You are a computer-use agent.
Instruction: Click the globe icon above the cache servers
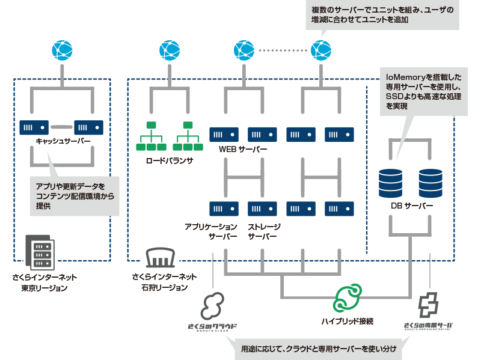[x=63, y=50]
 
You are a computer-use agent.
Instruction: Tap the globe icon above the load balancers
[x=170, y=50]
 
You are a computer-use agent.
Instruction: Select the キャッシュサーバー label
[x=63, y=141]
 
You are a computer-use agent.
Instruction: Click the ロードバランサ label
[x=170, y=160]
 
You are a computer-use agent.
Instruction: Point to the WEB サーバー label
[x=243, y=149]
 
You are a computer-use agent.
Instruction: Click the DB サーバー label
[x=412, y=206]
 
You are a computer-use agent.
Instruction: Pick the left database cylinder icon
[x=390, y=183]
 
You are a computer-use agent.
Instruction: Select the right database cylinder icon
[x=430, y=183]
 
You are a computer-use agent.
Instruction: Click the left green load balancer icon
[x=152, y=136]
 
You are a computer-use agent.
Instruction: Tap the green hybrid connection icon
[x=348, y=297]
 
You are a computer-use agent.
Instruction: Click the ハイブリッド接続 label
[x=348, y=322]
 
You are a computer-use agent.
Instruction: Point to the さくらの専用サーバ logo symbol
[x=428, y=305]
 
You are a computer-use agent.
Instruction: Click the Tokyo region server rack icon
[x=40, y=252]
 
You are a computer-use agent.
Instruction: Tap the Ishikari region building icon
[x=160, y=258]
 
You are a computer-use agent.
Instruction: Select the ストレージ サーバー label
[x=264, y=231]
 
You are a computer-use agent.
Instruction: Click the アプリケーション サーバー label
[x=211, y=231]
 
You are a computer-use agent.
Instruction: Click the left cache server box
[x=34, y=127]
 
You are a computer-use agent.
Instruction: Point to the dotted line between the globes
[x=283, y=50]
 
